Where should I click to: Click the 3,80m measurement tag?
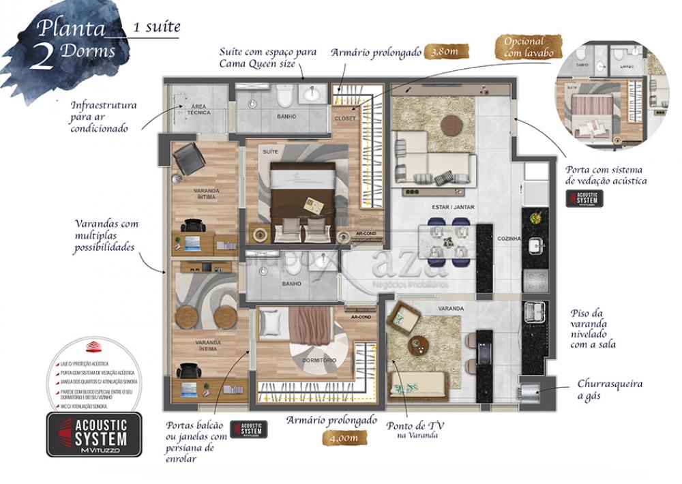tap(439, 52)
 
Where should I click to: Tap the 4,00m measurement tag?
tap(342, 438)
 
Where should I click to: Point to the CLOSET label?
tap(344, 117)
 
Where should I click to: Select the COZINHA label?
tap(509, 239)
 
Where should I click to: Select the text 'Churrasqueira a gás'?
tap(610, 391)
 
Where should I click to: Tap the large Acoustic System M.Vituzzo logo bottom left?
tap(93, 435)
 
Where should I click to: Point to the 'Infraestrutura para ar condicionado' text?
tap(104, 117)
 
